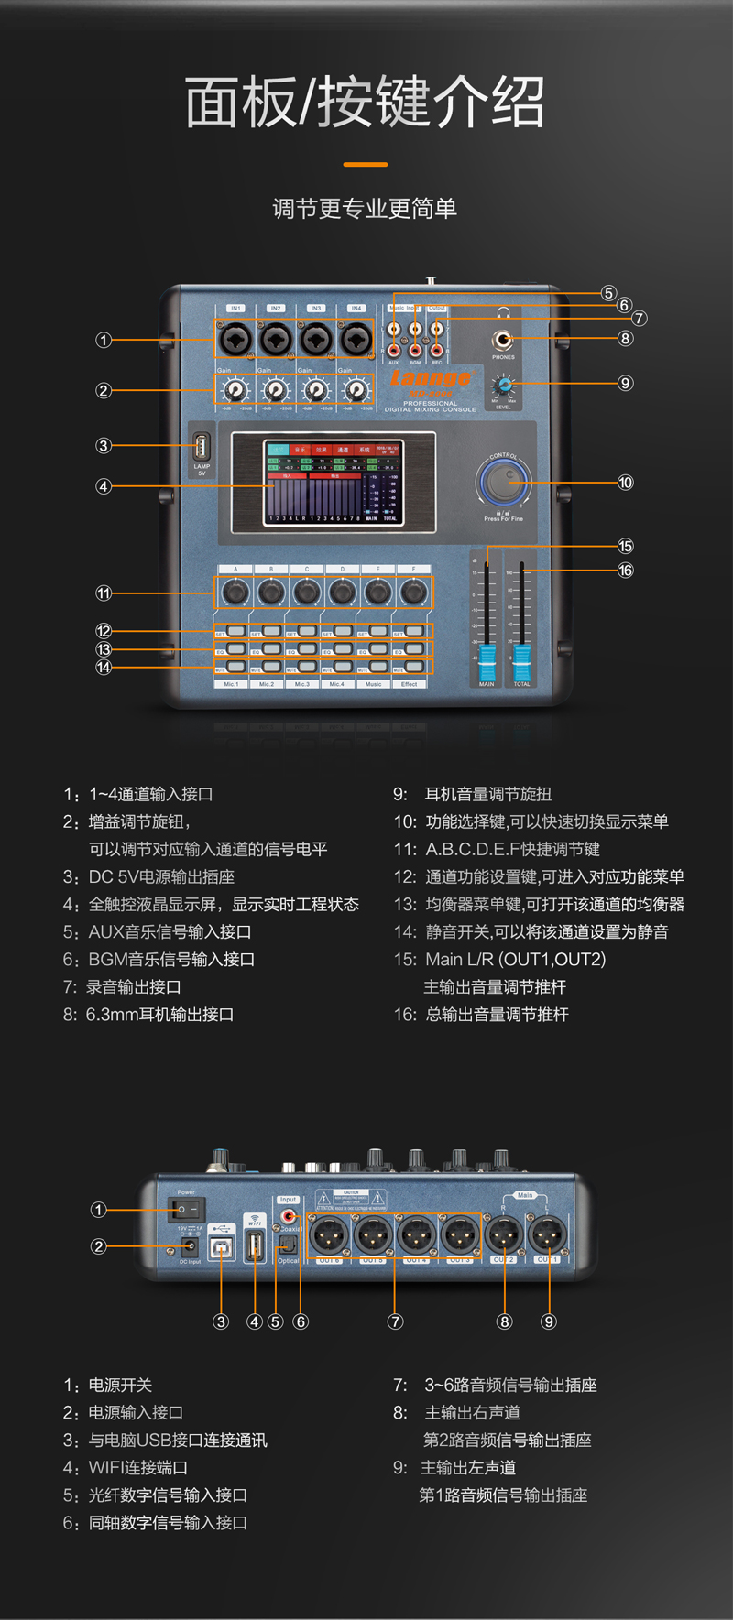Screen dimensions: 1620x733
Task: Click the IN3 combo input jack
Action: pyautogui.click(x=316, y=340)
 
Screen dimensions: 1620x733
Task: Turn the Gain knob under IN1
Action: pyautogui.click(x=235, y=391)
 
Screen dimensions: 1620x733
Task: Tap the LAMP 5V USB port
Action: pyautogui.click(x=202, y=448)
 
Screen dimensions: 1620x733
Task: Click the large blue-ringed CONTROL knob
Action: pyautogui.click(x=503, y=480)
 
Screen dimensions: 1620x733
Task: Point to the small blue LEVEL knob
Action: pyautogui.click(x=502, y=384)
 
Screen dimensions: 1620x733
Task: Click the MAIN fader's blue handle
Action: pyautogui.click(x=487, y=661)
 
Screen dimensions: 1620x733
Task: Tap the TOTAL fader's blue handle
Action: pyautogui.click(x=521, y=661)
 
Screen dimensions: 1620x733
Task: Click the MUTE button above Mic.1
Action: pyautogui.click(x=235, y=668)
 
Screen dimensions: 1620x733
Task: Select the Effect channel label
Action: pyautogui.click(x=410, y=684)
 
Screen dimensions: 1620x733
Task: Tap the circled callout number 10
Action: pyautogui.click(x=625, y=482)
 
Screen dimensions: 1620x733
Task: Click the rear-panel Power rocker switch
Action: pyautogui.click(x=187, y=1210)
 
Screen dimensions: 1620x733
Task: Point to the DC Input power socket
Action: pyautogui.click(x=191, y=1246)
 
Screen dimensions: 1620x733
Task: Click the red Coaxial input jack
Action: pyautogui.click(x=289, y=1216)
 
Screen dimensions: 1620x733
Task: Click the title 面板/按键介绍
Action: pyautogui.click(x=366, y=102)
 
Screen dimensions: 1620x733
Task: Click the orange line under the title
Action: pyautogui.click(x=366, y=165)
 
